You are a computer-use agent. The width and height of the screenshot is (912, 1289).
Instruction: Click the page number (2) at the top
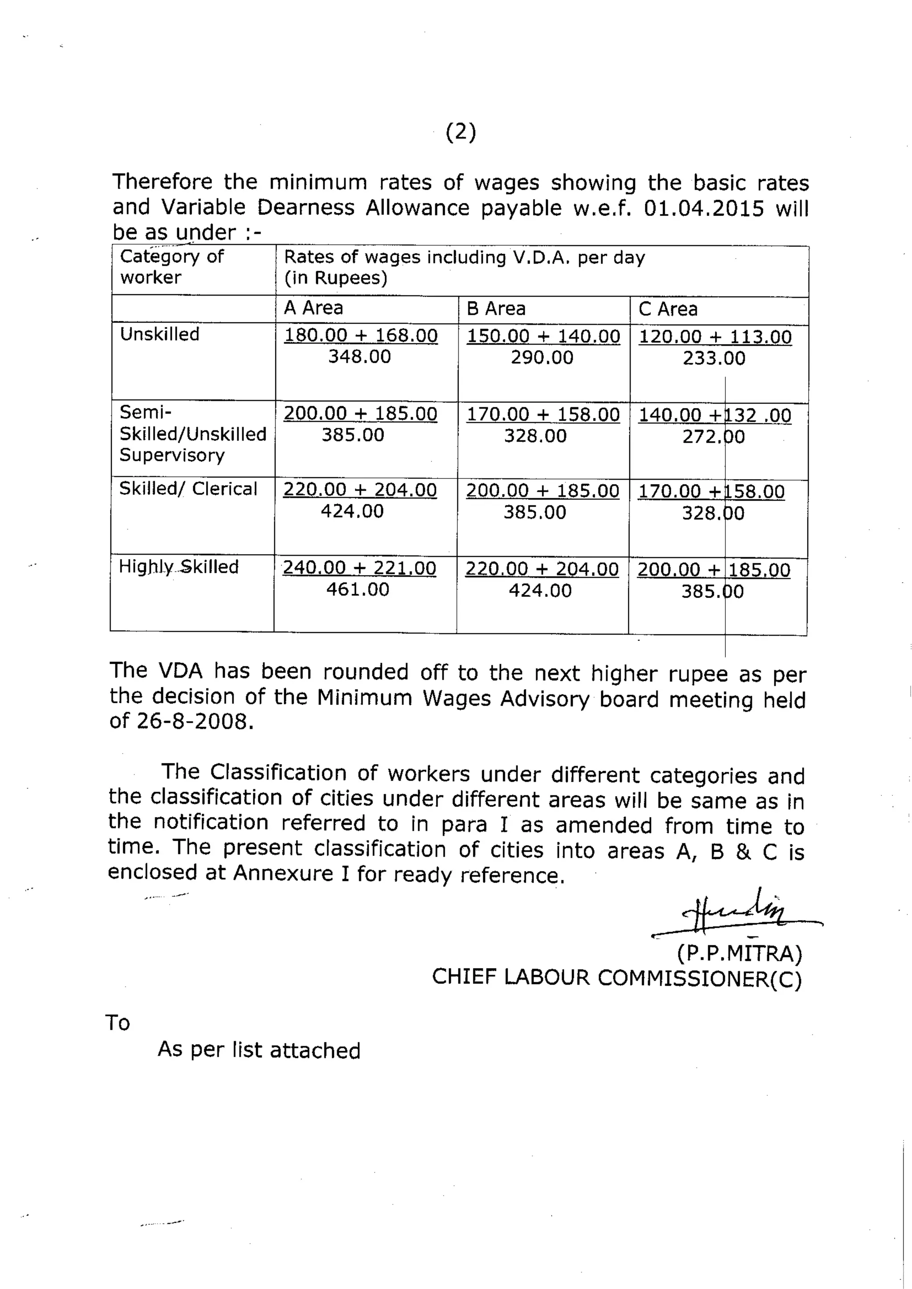click(460, 133)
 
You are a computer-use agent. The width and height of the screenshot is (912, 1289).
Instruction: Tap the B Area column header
click(496, 308)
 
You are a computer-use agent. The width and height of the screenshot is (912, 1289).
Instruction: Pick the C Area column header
click(668, 309)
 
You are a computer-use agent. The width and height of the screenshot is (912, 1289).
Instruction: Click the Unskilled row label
click(159, 334)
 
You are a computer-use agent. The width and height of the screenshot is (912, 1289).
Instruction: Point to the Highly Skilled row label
click(179, 567)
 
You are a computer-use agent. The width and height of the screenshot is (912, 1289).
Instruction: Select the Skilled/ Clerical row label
click(188, 488)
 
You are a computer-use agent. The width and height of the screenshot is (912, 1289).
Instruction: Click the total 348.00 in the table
click(359, 357)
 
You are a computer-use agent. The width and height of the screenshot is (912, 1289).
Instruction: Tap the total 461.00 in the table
click(358, 589)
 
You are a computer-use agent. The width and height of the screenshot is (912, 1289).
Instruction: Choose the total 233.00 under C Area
click(714, 358)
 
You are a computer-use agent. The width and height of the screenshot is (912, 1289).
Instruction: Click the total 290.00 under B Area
click(542, 357)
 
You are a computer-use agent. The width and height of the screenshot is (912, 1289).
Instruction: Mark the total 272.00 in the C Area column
click(713, 437)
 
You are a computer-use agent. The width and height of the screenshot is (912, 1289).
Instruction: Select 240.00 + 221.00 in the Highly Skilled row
click(359, 567)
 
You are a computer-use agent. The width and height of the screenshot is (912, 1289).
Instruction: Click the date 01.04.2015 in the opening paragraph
click(704, 208)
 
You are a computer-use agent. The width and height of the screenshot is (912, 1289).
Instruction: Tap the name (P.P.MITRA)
click(739, 953)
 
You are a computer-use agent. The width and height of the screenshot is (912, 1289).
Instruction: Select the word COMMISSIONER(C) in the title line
click(699, 978)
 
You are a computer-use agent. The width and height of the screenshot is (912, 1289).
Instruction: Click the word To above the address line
click(118, 1023)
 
